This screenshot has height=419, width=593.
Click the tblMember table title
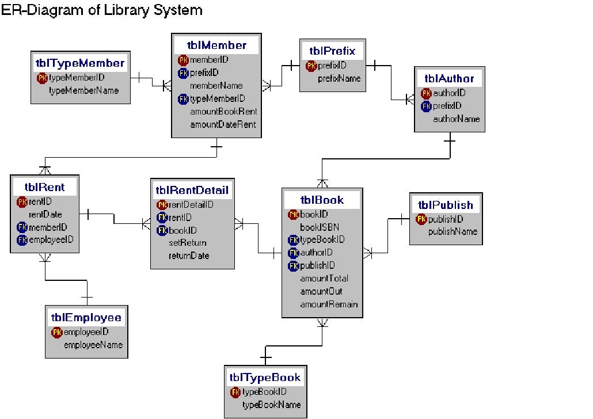click(x=216, y=45)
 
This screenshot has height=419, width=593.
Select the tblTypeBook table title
click(x=265, y=378)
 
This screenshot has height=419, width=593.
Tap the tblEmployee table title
click(x=86, y=318)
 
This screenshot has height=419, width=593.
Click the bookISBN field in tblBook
click(x=320, y=227)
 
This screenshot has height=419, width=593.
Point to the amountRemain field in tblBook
click(x=329, y=304)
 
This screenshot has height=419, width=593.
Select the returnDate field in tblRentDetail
click(x=189, y=256)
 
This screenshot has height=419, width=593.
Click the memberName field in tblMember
click(x=216, y=85)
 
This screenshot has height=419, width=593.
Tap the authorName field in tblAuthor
click(x=456, y=119)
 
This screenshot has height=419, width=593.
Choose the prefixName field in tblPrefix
click(x=339, y=78)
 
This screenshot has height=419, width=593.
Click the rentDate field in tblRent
click(x=45, y=214)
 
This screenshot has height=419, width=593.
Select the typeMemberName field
click(x=83, y=90)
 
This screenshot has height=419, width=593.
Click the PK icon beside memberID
click(x=183, y=59)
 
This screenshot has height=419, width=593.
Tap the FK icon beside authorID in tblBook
click(x=294, y=253)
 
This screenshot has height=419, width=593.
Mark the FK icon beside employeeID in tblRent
click(x=22, y=240)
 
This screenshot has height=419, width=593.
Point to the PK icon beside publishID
click(x=421, y=219)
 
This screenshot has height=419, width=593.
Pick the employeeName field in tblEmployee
click(x=93, y=345)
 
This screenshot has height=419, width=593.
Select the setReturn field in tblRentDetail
click(x=187, y=243)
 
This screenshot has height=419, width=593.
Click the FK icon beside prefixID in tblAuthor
click(x=426, y=106)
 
